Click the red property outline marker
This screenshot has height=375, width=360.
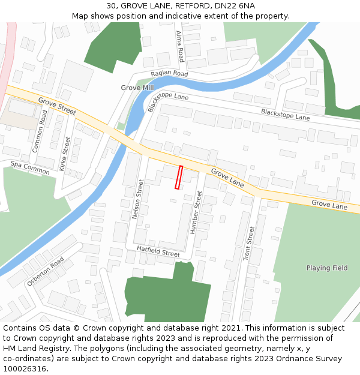coord(178,177)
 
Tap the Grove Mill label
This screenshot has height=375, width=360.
coord(137,88)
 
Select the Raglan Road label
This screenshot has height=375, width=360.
coord(169,74)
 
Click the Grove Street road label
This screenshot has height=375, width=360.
coord(57,106)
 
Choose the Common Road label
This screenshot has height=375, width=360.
coord(40,130)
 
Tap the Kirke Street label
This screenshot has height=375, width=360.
coord(65,154)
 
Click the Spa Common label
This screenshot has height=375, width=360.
coord(30,167)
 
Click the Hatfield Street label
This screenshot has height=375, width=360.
coord(158,250)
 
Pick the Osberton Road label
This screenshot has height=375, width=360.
coord(45,271)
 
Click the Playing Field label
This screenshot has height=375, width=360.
coord(327,268)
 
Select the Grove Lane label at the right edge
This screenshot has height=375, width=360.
coord(329,205)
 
